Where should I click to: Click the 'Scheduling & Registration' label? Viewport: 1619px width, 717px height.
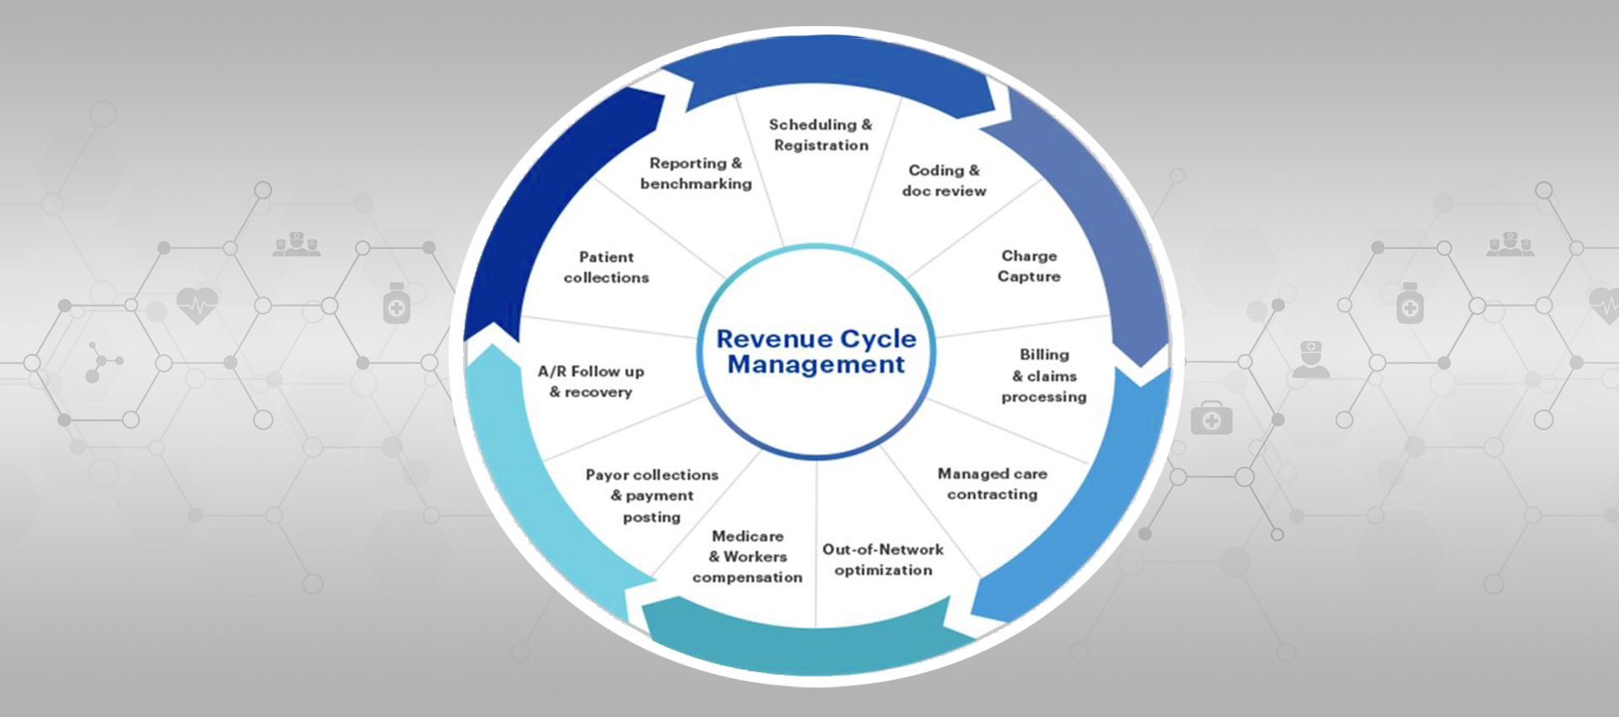[820, 135]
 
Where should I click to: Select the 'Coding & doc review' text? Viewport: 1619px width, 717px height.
[944, 181]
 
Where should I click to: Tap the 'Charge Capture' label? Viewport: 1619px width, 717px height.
[1029, 266]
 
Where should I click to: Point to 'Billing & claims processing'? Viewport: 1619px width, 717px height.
[1044, 375]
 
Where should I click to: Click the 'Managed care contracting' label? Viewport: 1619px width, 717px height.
[992, 484]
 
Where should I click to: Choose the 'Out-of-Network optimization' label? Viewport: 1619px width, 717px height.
[883, 559]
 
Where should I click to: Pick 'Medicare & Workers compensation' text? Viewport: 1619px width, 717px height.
[747, 557]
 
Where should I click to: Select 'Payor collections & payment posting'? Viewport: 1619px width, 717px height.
[652, 496]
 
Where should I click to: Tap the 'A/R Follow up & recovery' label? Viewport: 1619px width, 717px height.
[591, 381]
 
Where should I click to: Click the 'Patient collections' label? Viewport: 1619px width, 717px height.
[606, 267]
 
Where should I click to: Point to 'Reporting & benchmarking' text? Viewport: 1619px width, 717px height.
[696, 173]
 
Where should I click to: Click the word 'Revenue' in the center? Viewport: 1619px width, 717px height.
[765, 338]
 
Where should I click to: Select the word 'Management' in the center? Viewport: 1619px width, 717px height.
[815, 364]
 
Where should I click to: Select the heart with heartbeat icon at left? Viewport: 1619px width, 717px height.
[197, 305]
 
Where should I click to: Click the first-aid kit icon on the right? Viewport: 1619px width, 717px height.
[1211, 418]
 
